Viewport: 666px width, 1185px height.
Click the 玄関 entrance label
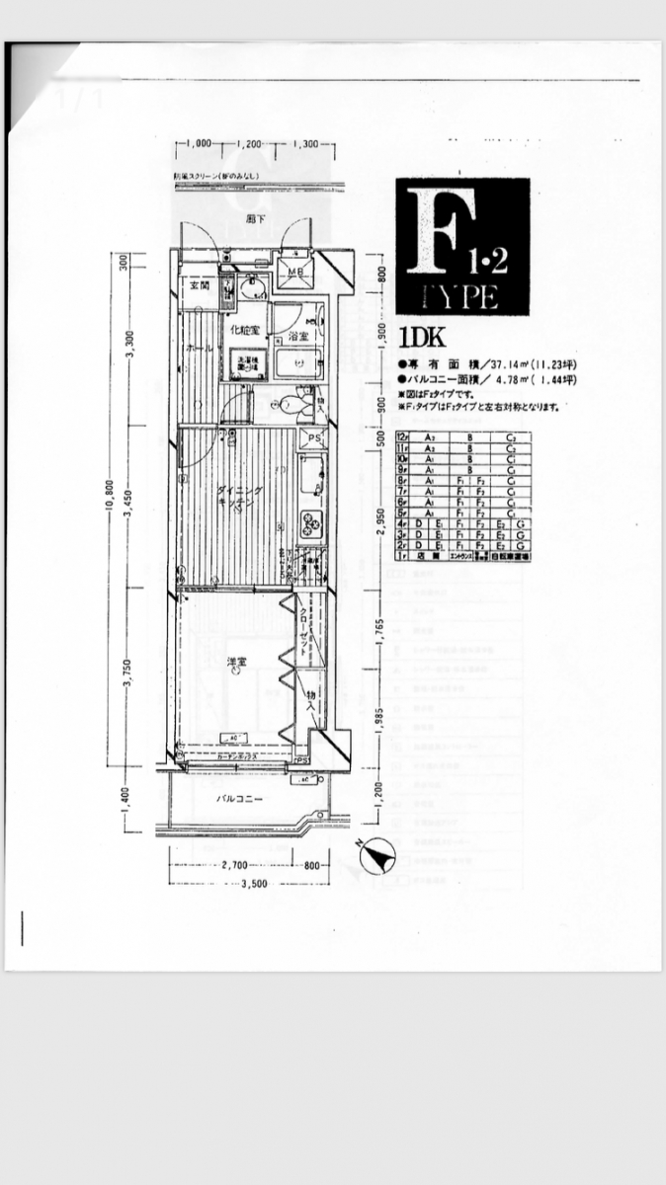click(201, 285)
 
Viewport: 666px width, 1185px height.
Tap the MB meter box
click(295, 272)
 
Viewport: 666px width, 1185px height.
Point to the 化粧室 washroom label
click(245, 330)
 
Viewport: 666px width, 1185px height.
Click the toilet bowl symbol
click(289, 403)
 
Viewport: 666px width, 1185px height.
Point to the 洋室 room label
click(238, 662)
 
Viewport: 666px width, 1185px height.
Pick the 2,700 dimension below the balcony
click(235, 865)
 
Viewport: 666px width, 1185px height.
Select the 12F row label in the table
click(402, 435)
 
